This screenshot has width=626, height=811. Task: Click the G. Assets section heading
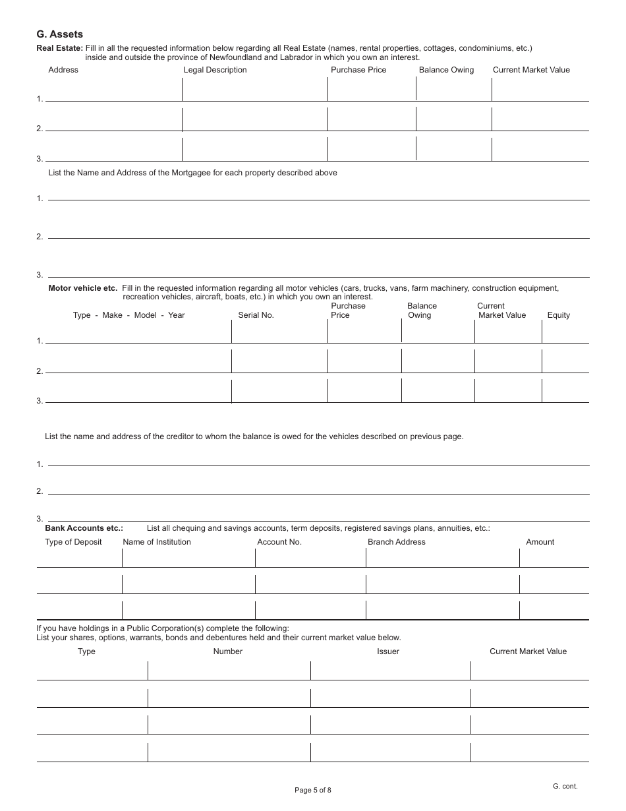pyautogui.click(x=59, y=34)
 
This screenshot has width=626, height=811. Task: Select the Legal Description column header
pyautogui.click(x=215, y=70)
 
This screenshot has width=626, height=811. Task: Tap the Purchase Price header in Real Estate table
pyautogui.click(x=358, y=70)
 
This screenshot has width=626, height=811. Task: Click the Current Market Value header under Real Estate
pyautogui.click(x=531, y=70)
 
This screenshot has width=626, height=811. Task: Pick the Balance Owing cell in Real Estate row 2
pyautogui.click(x=453, y=119)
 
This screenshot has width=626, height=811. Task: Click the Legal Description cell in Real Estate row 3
pyautogui.click(x=254, y=150)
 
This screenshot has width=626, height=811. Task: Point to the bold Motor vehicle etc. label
pyautogui.click(x=83, y=288)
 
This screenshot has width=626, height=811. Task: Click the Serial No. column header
pyautogui.click(x=256, y=315)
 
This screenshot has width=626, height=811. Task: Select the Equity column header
pyautogui.click(x=558, y=315)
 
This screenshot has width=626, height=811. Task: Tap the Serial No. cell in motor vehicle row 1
pyautogui.click(x=279, y=332)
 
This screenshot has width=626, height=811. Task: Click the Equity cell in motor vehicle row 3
pyautogui.click(x=565, y=391)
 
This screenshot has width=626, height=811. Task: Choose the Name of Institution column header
pyautogui.click(x=157, y=542)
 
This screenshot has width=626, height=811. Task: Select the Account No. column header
pyautogui.click(x=279, y=542)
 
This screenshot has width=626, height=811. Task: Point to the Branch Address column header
pyautogui.click(x=396, y=542)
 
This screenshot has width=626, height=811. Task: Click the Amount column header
pyautogui.click(x=540, y=542)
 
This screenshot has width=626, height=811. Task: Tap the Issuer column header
pyautogui.click(x=388, y=651)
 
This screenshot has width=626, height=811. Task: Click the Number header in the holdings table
pyautogui.click(x=228, y=651)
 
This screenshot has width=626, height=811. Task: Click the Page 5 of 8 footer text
pyautogui.click(x=313, y=790)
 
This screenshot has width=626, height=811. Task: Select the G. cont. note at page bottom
pyautogui.click(x=565, y=786)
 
